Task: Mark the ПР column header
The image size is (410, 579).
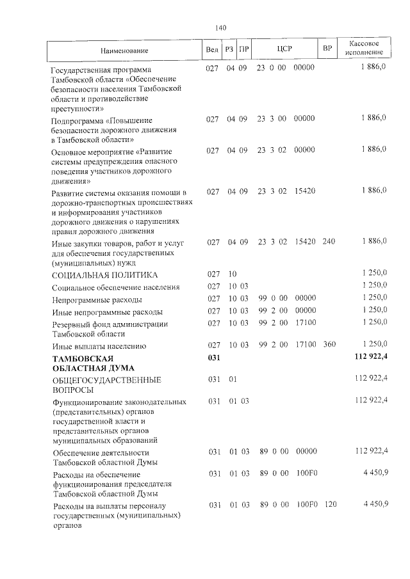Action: pyautogui.click(x=243, y=50)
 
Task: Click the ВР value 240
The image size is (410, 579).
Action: pyautogui.click(x=329, y=241)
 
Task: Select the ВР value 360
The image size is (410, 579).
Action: pyautogui.click(x=329, y=345)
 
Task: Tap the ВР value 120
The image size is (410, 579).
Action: pyautogui.click(x=329, y=505)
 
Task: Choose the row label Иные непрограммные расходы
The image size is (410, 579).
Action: pyautogui.click(x=107, y=312)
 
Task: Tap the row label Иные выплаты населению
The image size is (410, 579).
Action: pyautogui.click(x=99, y=346)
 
